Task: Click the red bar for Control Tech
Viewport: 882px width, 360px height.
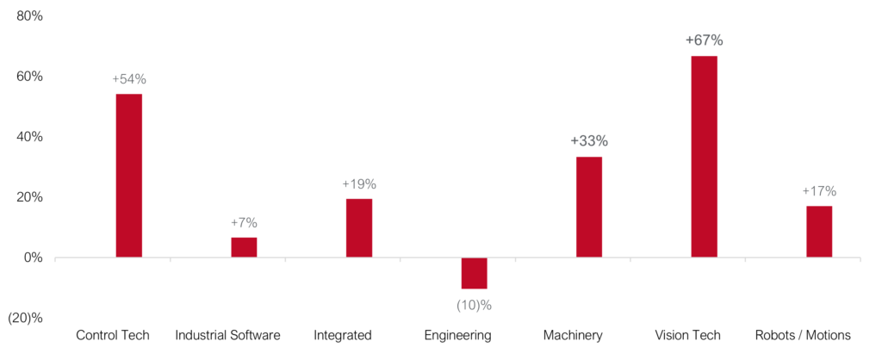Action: point(128,175)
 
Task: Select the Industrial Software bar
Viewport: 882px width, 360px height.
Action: point(244,247)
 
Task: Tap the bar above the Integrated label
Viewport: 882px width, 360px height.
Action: point(359,227)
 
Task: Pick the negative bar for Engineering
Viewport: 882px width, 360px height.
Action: point(474,273)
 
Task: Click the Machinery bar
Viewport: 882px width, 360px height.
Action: point(589,207)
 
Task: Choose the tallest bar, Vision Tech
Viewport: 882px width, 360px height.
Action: point(704,156)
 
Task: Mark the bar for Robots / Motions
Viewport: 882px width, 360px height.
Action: point(819,231)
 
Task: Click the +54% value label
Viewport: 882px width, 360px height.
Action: point(129,79)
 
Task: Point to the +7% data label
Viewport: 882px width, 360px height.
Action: point(244,223)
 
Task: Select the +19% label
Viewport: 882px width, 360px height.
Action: point(359,184)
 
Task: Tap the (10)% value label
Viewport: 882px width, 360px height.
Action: point(474,304)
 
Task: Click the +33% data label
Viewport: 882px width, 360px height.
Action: point(589,141)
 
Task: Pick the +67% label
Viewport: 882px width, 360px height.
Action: point(704,40)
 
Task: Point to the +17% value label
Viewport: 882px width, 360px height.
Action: point(819,191)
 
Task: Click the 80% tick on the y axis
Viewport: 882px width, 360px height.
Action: point(29,16)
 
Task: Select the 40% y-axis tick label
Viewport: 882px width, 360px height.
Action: point(29,137)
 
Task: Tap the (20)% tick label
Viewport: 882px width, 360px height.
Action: point(25,318)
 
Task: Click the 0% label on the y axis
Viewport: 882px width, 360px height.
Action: point(33,258)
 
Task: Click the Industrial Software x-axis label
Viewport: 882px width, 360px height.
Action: point(227,335)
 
